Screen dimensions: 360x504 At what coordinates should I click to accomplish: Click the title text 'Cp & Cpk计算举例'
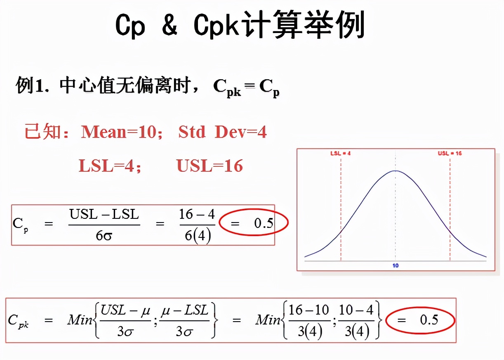coord(240,26)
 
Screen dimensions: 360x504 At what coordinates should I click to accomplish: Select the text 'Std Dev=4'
coord(222,132)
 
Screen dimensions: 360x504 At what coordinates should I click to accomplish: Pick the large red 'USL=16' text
coord(210,166)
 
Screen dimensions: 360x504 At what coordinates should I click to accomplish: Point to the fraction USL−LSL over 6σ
coord(104,225)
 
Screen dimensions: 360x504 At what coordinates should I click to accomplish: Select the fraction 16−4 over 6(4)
coord(197,225)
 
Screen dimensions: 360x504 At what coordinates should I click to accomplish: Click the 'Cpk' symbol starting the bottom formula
coord(19,321)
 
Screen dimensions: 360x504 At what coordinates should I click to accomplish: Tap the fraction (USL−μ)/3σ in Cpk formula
coord(125,320)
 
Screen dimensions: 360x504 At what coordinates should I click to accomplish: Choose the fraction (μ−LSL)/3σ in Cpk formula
coord(184,320)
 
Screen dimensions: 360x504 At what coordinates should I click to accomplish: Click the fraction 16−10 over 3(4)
coord(309,320)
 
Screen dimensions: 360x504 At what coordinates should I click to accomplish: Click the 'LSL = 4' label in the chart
coord(340,153)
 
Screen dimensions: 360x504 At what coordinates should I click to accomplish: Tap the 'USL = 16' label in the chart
coord(450,153)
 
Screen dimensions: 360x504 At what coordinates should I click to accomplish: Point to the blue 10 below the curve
coord(396,265)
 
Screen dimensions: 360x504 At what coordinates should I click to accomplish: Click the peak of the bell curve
coord(396,171)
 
